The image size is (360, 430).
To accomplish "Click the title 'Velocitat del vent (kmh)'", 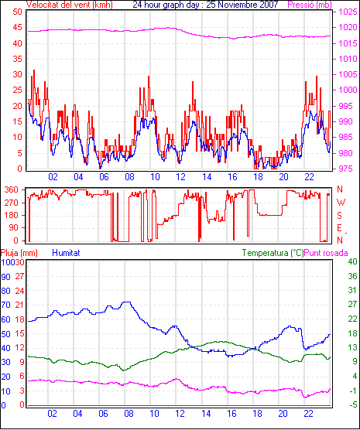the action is tap(70, 5).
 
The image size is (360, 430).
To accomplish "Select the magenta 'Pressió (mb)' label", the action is tap(310, 5).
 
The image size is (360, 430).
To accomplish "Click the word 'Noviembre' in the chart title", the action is tap(242, 5).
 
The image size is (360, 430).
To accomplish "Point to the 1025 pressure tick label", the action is tap(348, 12).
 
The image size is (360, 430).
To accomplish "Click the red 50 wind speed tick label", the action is tap(17, 12).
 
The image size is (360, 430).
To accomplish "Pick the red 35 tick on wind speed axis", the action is tap(17, 59).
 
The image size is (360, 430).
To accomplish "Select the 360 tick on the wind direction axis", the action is tap(12, 189).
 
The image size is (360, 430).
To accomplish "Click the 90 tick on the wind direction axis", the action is tap(14, 227).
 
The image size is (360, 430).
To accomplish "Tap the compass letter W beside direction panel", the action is tap(341, 203).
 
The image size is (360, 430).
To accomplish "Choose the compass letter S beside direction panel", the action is tap(340, 216).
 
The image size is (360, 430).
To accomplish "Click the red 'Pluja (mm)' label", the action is tap(19, 253).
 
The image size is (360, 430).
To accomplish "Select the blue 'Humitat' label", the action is tap(66, 253).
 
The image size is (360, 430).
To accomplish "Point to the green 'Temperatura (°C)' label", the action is tap(273, 253).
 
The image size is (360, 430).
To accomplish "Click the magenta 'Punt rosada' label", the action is tap(326, 253).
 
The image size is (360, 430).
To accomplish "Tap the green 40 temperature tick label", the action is tap(352, 261).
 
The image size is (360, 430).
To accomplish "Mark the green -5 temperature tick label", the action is tap(352, 404).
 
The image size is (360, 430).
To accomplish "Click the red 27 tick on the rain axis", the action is tap(19, 276).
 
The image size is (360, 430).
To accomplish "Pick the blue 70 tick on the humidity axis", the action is tap(5, 305).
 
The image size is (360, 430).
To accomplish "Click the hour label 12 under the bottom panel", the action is tap(180, 413).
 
